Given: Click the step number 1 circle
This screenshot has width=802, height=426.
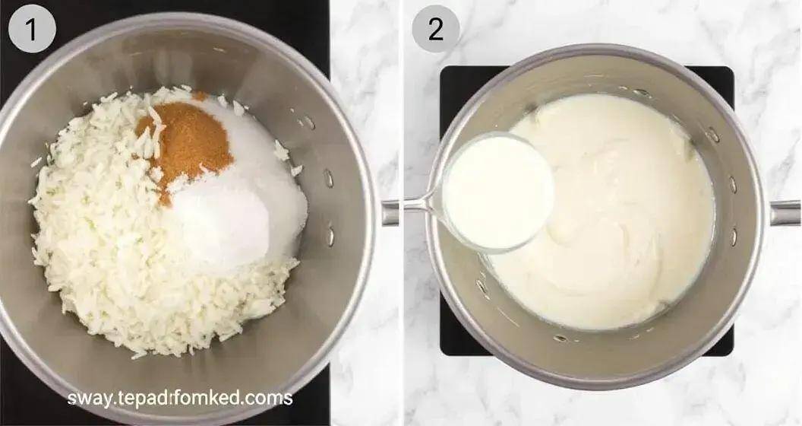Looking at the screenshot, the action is coord(32,29).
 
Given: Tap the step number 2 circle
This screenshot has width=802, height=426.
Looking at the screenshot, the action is coord(436,29).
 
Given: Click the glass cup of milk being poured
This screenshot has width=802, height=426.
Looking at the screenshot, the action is coord(496,192).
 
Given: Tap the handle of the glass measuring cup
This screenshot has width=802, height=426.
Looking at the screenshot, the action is coord(422,205).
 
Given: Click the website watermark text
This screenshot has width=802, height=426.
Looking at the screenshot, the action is coord(180,398).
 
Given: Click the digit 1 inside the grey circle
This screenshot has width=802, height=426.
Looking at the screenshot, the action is coord(32,30).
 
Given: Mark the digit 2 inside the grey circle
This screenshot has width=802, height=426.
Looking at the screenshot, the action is coord(436,30).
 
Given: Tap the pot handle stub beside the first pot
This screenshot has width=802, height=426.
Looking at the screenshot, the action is coord(390,213).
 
